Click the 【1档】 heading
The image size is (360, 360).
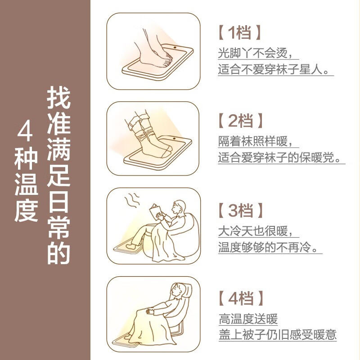(239, 32)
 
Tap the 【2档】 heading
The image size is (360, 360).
(240, 121)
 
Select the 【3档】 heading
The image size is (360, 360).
(240, 210)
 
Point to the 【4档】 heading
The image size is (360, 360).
(240, 298)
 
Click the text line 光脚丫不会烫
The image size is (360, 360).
(255, 53)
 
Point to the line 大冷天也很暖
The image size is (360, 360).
(255, 231)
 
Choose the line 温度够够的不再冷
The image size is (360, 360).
(268, 247)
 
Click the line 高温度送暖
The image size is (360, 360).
(248, 319)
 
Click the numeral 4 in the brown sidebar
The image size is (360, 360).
(25, 132)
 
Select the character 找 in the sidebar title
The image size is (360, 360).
(59, 98)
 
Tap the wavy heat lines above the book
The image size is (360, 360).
(132, 200)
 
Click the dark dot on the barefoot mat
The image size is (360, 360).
(175, 48)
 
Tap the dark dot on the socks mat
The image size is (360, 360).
(174, 139)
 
